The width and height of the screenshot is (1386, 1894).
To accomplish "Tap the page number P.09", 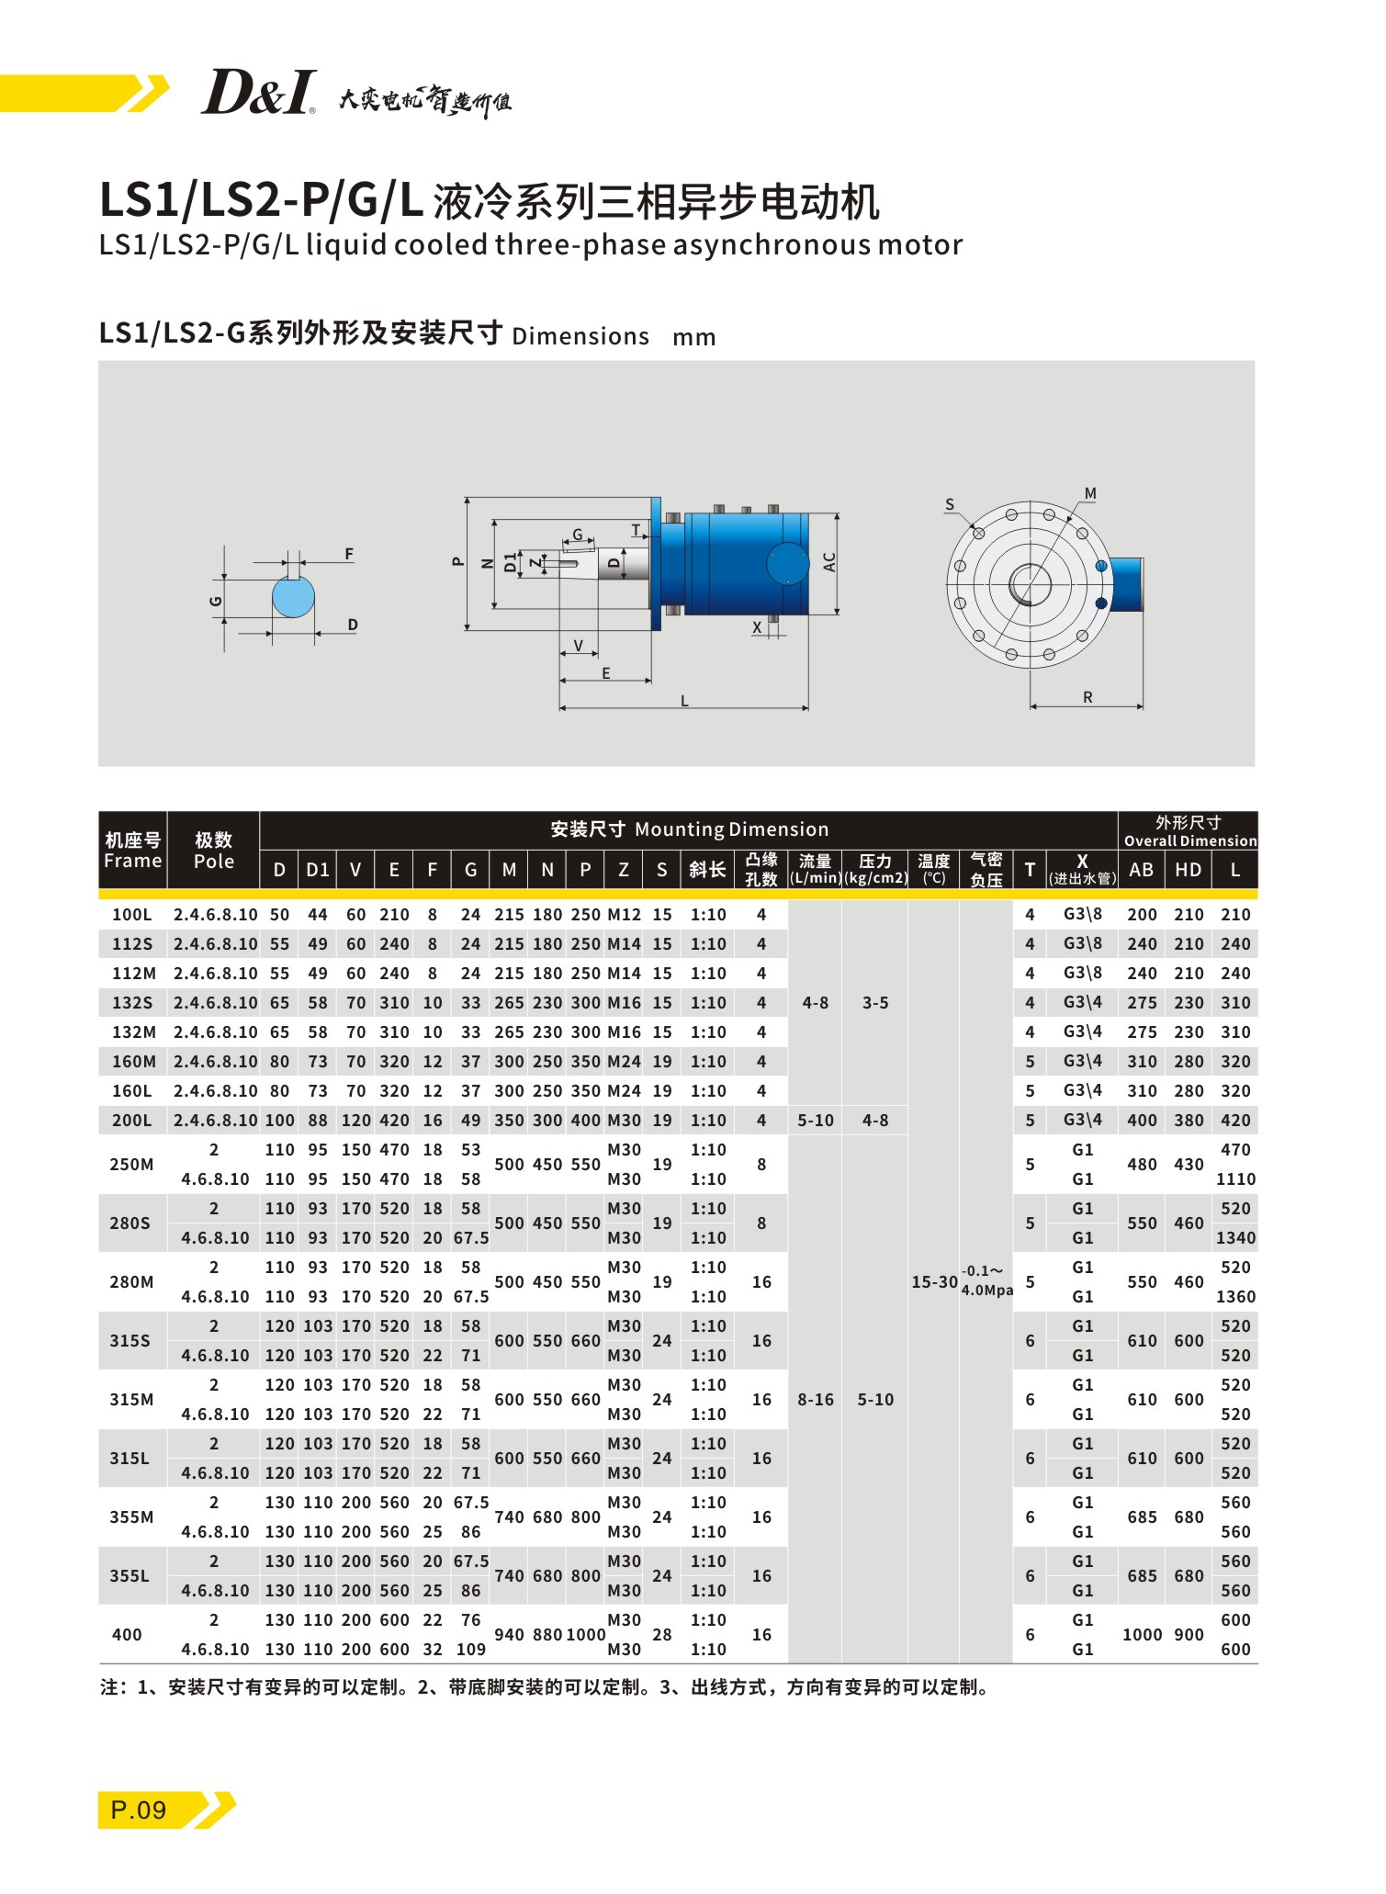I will coord(139,1809).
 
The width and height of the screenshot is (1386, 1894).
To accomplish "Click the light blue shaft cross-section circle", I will coord(293,597).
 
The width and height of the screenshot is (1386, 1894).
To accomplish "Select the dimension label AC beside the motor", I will coord(829,562).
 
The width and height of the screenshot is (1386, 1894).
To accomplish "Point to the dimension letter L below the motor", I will coord(684,701).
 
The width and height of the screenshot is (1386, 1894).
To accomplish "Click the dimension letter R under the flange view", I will coord(1087,697).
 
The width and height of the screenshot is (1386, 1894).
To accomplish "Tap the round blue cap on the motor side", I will coord(787,563).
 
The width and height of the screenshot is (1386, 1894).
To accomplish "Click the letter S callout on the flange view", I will coord(950,504).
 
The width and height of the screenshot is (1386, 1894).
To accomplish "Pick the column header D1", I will coord(318,870).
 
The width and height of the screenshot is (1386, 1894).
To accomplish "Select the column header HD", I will coord(1189,870).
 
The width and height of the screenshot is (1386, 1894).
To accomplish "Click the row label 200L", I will coord(132,1120).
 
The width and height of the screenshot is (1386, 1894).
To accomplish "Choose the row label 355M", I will coord(132,1516).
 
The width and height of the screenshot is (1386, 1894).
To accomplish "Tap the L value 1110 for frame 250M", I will coord(1235,1178).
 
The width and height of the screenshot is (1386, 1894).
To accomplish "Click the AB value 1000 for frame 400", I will coord(1142,1634).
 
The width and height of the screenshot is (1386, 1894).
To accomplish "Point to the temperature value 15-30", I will coord(934,1281).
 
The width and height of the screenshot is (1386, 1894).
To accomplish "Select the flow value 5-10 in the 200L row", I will coord(816,1120).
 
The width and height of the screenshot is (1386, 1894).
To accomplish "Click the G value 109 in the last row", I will coord(470,1649).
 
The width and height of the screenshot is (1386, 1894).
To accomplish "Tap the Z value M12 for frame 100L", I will coord(624,914).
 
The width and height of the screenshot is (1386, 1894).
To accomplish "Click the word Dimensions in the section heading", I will coord(580,336).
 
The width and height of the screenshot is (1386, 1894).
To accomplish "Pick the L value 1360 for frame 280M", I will coord(1235,1296).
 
